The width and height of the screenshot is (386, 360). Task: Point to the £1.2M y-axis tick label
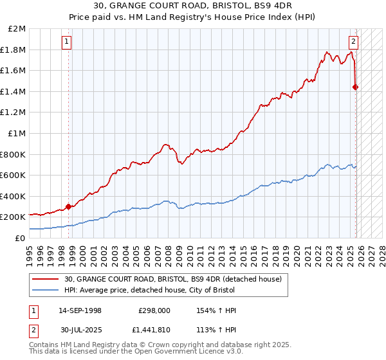(x=14, y=113)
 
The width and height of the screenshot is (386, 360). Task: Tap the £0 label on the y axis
(x=20, y=238)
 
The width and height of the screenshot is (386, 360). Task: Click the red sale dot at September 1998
(x=68, y=207)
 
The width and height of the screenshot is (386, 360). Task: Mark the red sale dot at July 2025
(x=356, y=87)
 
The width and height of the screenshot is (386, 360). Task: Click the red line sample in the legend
(x=46, y=279)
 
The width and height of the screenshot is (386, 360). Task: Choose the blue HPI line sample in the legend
(x=46, y=290)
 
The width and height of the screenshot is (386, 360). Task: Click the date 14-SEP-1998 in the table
(x=80, y=310)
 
